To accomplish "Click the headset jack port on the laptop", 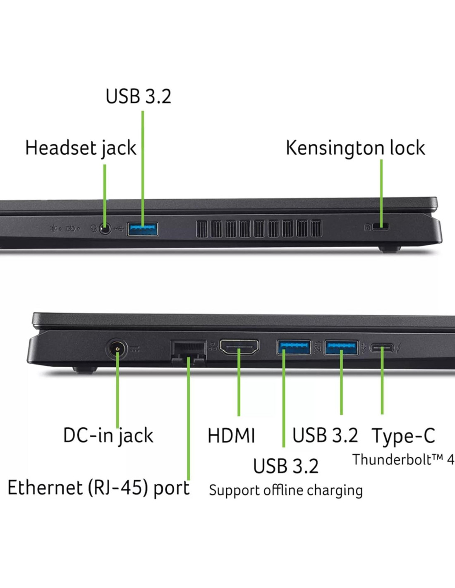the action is coord(105,229).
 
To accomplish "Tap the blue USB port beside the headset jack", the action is coord(143,229).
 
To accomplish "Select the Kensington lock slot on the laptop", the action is coord(381,226).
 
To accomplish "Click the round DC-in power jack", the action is coord(117,349).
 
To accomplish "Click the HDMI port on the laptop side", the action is coord(239,347).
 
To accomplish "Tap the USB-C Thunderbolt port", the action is coord(382,347).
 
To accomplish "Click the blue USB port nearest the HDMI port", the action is coord(294,347).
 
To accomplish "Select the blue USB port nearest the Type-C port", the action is coord(341,347).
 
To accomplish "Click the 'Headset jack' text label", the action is coord(81,148).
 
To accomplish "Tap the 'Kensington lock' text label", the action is coord(355,148).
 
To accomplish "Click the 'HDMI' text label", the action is coord(231,436).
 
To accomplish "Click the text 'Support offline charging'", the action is coord(285,490).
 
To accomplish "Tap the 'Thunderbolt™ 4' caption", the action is coord(403,459).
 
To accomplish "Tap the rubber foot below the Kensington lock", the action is coord(390,249).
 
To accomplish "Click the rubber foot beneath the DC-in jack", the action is coord(84,370).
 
